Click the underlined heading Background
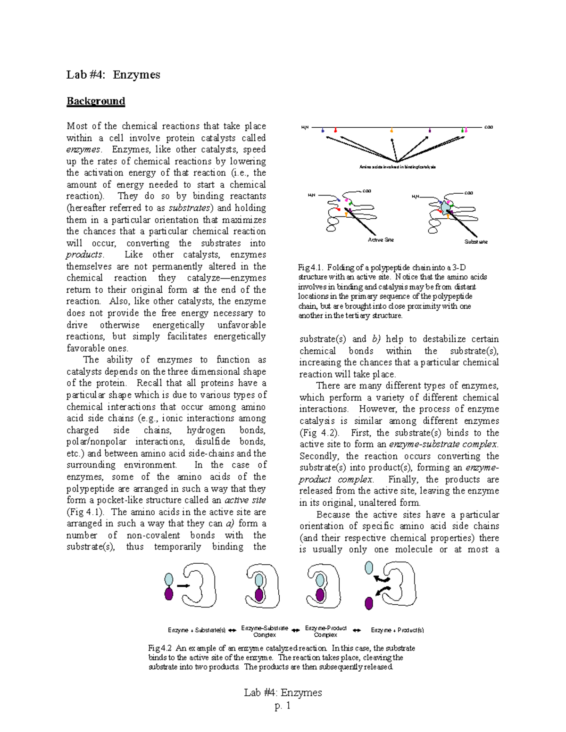click(96, 101)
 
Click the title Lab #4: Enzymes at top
click(113, 74)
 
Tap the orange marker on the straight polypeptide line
click(391, 130)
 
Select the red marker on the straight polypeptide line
click(335, 130)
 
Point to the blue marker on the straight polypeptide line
click(323, 130)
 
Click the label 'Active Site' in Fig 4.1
click(381, 240)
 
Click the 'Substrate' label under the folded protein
click(476, 242)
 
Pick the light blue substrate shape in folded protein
click(445, 207)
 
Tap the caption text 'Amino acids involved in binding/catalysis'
click(397, 167)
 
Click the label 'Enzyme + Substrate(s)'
click(197, 630)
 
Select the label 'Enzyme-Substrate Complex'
click(265, 631)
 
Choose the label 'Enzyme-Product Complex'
click(325, 631)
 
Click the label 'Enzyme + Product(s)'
click(397, 630)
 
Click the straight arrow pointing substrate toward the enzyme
click(183, 586)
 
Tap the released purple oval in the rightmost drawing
click(369, 602)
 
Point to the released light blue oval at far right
click(369, 567)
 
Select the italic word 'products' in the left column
click(84, 255)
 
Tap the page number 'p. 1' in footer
click(283, 706)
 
